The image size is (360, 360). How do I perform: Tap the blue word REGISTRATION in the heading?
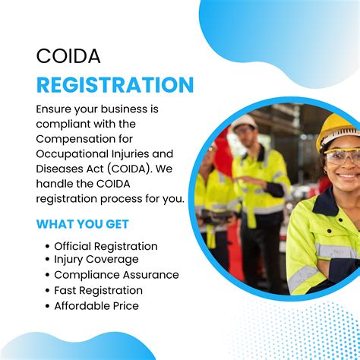coord(115,84)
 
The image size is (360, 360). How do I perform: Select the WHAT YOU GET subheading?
coord(82,224)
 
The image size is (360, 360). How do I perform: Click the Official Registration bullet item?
coord(106,246)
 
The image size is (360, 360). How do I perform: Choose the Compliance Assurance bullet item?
coord(116,275)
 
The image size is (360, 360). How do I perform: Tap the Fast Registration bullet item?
coord(98,290)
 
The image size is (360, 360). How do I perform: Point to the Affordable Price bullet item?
coord(96,305)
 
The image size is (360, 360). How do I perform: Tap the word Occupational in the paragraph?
coord(73,153)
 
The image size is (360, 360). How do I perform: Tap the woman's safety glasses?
coord(341,156)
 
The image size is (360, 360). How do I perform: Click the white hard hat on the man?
coord(244,121)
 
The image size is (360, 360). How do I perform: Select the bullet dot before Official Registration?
coord(47,246)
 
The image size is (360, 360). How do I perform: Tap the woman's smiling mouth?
coord(347,176)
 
